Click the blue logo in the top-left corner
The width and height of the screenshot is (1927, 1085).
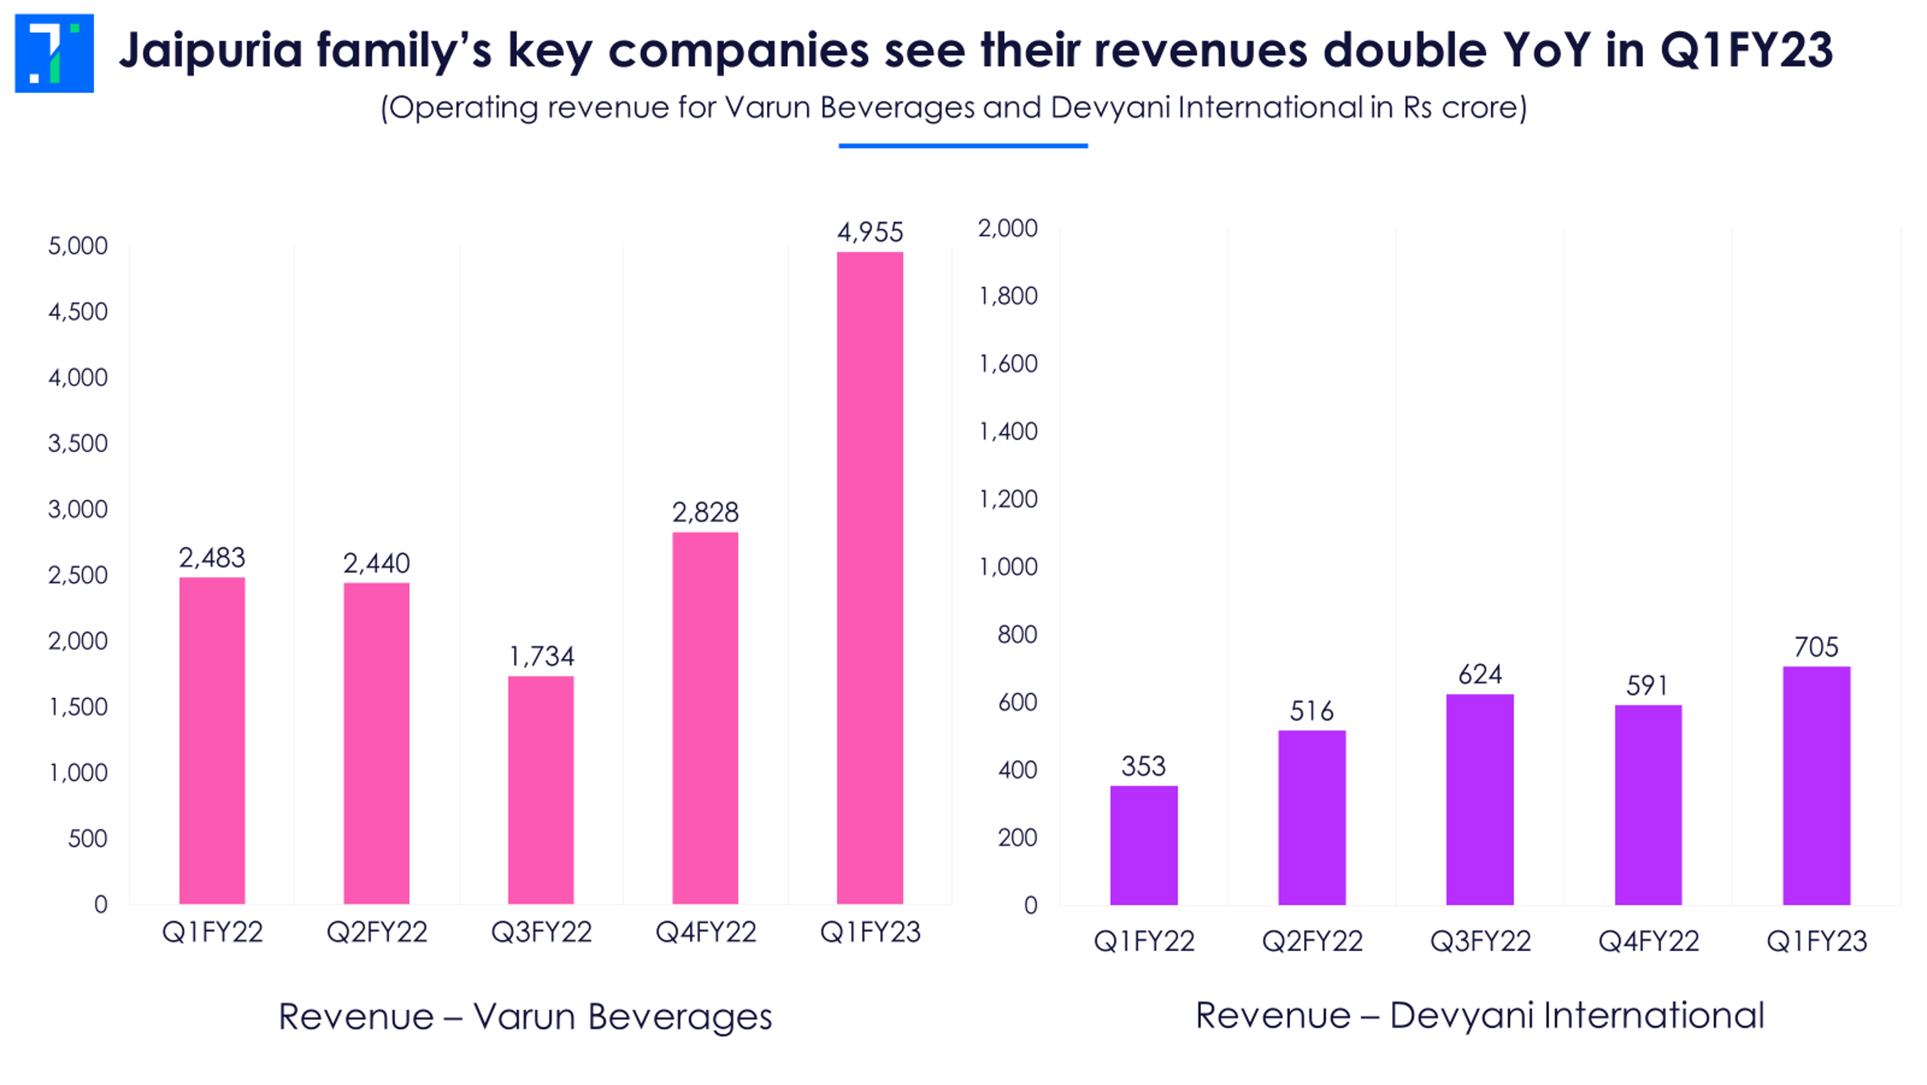coord(54,53)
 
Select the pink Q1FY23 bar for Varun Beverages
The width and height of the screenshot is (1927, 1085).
coord(869,578)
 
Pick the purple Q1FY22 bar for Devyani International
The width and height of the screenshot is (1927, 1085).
coord(1143,845)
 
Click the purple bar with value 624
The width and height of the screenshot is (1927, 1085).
coord(1479,799)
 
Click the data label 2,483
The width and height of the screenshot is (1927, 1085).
coord(212,558)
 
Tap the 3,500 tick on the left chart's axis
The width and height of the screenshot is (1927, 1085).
coord(78,443)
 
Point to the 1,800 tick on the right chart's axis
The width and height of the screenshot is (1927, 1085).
coord(1008,296)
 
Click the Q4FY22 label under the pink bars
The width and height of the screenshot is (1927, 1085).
coord(706,931)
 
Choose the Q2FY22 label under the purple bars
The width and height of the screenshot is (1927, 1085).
coord(1312,940)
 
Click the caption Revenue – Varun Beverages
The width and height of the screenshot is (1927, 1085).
coord(525,1016)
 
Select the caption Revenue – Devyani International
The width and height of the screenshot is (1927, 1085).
coord(1479,1015)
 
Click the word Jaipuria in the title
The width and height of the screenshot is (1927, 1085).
coord(211,51)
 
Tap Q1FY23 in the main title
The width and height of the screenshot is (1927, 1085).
coord(1746,51)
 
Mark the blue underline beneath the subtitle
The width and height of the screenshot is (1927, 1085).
coord(963,146)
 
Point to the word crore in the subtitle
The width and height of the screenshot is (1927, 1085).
coord(1479,108)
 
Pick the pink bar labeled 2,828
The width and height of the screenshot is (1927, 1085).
coord(704,717)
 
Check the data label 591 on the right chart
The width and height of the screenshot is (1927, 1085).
coord(1646,685)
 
